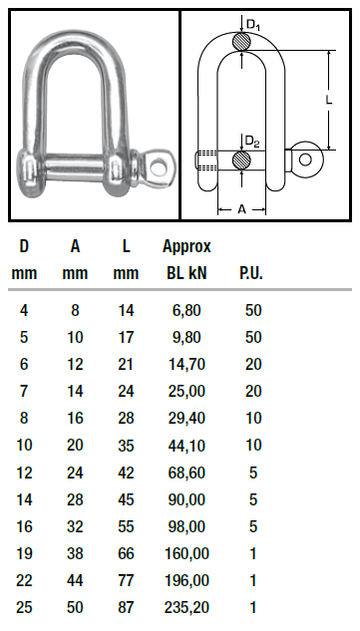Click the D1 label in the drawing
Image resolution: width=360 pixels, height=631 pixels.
click(253, 25)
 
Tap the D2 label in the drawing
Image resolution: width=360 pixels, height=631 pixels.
click(252, 142)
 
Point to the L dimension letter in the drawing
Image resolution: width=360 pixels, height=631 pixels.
click(329, 100)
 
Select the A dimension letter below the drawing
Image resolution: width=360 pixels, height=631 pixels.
click(241, 209)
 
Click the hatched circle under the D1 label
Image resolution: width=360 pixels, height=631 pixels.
click(241, 41)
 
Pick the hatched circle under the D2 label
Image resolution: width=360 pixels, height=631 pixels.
click(241, 160)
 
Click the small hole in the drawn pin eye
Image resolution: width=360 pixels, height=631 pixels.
click(305, 159)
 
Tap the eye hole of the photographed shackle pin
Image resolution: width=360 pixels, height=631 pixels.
click(159, 165)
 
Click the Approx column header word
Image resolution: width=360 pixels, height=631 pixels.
click(186, 246)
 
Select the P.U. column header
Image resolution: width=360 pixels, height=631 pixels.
click(251, 273)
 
